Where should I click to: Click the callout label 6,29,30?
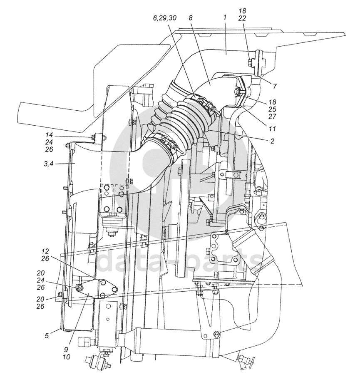click(x=165, y=18)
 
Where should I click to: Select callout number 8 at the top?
click(x=191, y=18)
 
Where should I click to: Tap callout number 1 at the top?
click(x=225, y=17)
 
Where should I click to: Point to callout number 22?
click(x=242, y=18)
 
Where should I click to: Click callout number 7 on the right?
click(x=275, y=86)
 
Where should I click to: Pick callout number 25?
click(x=272, y=109)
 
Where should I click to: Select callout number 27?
click(x=272, y=117)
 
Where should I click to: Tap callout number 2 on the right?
click(x=272, y=141)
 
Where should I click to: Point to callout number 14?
click(x=49, y=135)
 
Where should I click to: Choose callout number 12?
click(x=45, y=251)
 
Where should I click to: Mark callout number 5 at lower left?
click(x=47, y=336)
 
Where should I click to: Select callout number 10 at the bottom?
click(x=66, y=357)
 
